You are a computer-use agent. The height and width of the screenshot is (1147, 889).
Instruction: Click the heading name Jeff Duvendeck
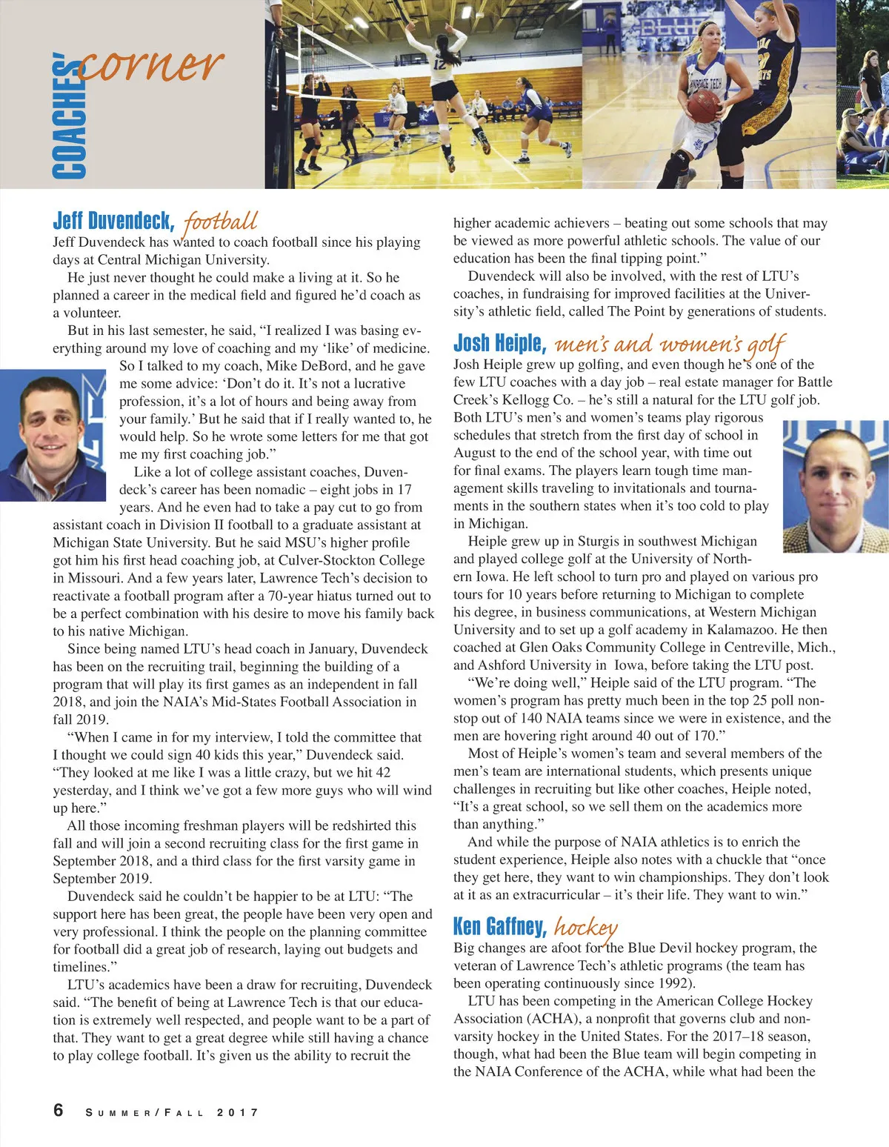(x=112, y=221)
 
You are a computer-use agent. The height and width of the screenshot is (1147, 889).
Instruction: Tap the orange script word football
(x=220, y=222)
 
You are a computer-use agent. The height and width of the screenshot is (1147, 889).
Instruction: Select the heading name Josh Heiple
(x=499, y=343)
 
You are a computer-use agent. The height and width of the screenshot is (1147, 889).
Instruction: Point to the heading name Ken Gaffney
(x=499, y=926)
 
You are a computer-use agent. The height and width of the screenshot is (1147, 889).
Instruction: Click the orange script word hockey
(x=585, y=927)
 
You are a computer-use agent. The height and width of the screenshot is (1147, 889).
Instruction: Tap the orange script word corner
(x=151, y=65)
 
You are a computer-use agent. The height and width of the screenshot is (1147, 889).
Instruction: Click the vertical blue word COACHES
(x=68, y=119)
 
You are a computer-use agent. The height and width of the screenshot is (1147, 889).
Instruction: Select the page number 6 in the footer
(x=59, y=1110)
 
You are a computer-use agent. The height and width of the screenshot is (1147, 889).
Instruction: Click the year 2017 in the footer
(x=238, y=1112)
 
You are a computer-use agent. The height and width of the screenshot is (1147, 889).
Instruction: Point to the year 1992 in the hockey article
(x=676, y=983)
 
